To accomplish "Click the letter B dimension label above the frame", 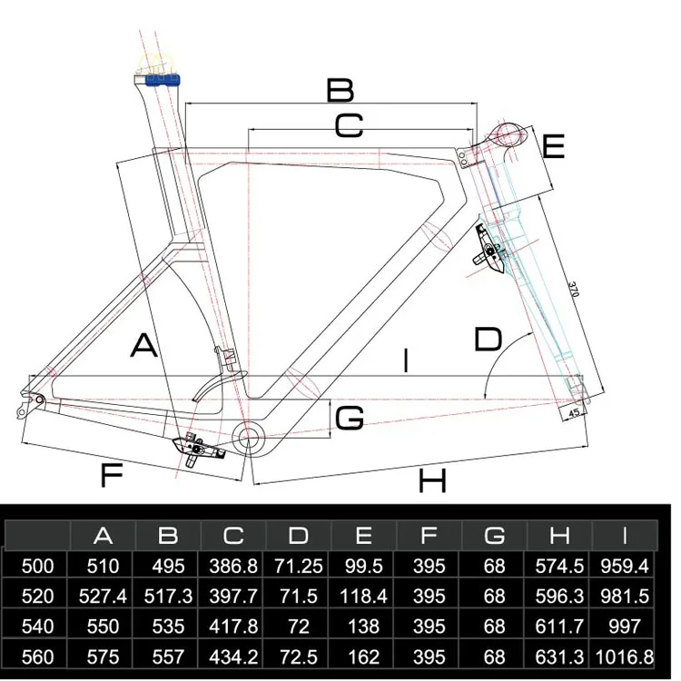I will tap(340, 90).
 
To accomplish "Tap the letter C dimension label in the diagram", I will tap(348, 126).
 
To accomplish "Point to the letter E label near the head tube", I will tap(554, 146).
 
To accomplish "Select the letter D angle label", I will tap(488, 340).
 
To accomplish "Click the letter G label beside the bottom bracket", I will tap(350, 418).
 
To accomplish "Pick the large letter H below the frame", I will tap(432, 480).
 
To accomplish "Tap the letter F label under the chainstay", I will tap(111, 474).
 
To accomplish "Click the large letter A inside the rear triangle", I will tap(144, 346).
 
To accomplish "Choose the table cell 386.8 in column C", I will tap(232, 566).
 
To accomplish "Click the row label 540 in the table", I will tap(37, 627).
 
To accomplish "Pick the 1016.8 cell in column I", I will tap(623, 656).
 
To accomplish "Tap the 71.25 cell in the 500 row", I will tap(299, 566).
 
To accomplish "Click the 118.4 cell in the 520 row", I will tap(364, 597).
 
